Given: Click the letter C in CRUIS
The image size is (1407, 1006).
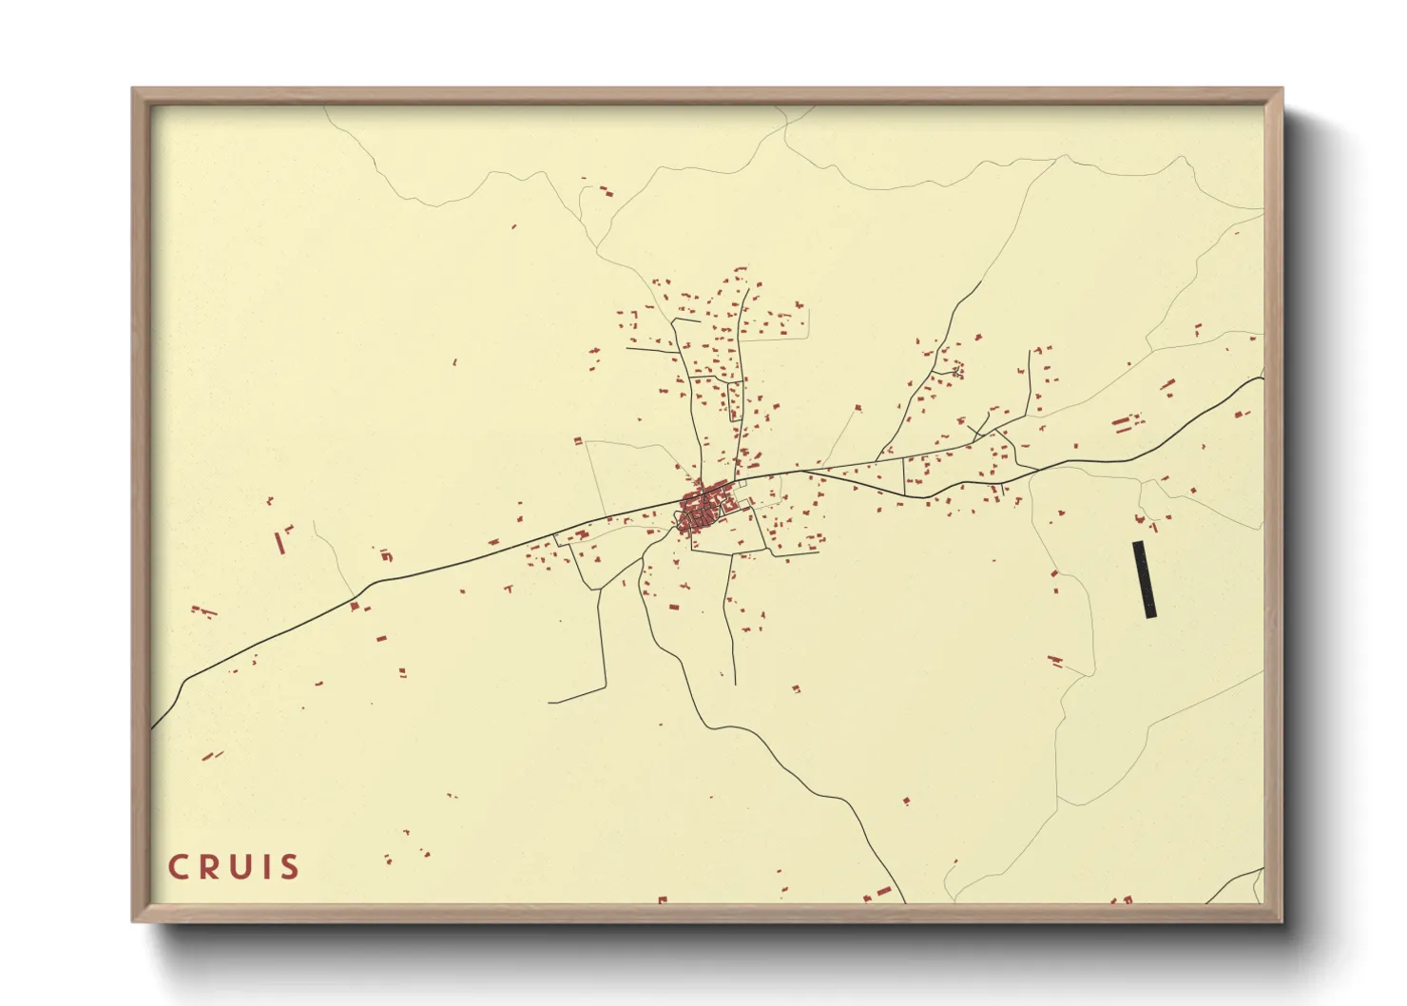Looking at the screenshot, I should [180, 867].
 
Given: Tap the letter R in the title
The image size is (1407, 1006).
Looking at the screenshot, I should [211, 867].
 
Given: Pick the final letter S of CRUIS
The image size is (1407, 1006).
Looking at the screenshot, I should [290, 867].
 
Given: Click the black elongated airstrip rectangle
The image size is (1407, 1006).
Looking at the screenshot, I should [1145, 580].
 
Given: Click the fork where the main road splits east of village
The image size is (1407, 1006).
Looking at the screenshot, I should [800, 471].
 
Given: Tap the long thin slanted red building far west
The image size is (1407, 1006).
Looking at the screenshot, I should [279, 543].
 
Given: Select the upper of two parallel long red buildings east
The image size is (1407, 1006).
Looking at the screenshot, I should [1123, 418].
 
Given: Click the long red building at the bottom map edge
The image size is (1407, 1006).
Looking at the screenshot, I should [884, 892].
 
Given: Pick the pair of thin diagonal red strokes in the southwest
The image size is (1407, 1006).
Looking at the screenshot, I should [214, 756].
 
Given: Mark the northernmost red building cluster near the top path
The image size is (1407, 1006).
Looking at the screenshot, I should [597, 187].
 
